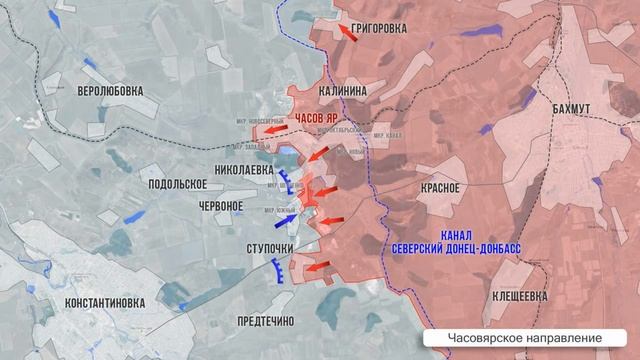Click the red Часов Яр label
pos(322,117)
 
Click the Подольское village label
pos(176,184)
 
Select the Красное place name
pos(440,187)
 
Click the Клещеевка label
pos(520,296)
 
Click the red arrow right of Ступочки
pos(319,267)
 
